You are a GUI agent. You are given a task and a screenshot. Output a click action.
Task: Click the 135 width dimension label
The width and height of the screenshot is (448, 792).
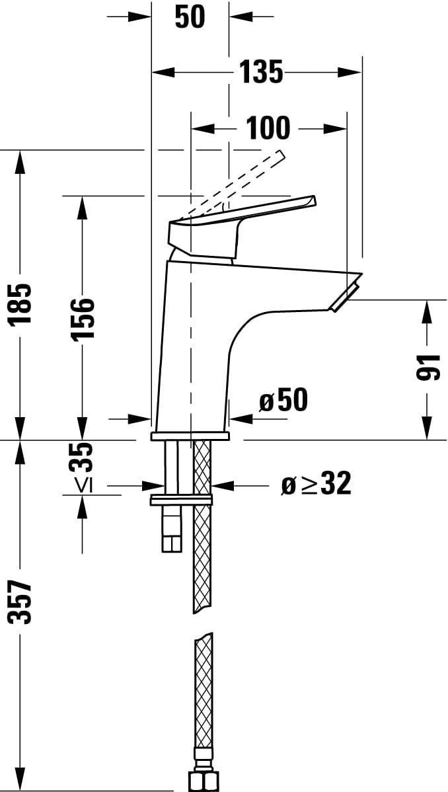tap(260, 71)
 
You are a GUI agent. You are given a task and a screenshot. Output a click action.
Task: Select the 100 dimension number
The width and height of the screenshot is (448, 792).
tap(268, 128)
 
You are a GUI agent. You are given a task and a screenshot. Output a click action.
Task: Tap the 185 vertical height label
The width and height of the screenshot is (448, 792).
tap(22, 303)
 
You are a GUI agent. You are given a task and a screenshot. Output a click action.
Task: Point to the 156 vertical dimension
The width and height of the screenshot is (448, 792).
tap(83, 318)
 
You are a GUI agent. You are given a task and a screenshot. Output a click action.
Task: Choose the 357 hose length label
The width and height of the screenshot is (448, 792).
tap(22, 602)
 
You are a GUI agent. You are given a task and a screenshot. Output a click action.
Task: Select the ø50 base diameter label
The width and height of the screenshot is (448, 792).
tap(283, 400)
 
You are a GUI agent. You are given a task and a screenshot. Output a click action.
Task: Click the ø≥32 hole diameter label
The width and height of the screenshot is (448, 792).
tap(316, 485)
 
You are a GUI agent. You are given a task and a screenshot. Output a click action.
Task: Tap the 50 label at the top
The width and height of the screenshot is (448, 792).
tap(190, 17)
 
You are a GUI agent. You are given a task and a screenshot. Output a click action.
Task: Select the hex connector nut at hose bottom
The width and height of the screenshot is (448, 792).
tap(203, 780)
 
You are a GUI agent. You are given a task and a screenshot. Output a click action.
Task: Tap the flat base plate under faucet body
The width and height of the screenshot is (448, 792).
tap(190, 436)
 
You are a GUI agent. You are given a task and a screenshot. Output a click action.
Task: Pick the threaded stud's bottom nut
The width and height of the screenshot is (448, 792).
tap(172, 543)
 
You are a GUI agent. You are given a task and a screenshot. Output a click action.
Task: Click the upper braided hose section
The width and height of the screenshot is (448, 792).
tap(202, 529)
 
